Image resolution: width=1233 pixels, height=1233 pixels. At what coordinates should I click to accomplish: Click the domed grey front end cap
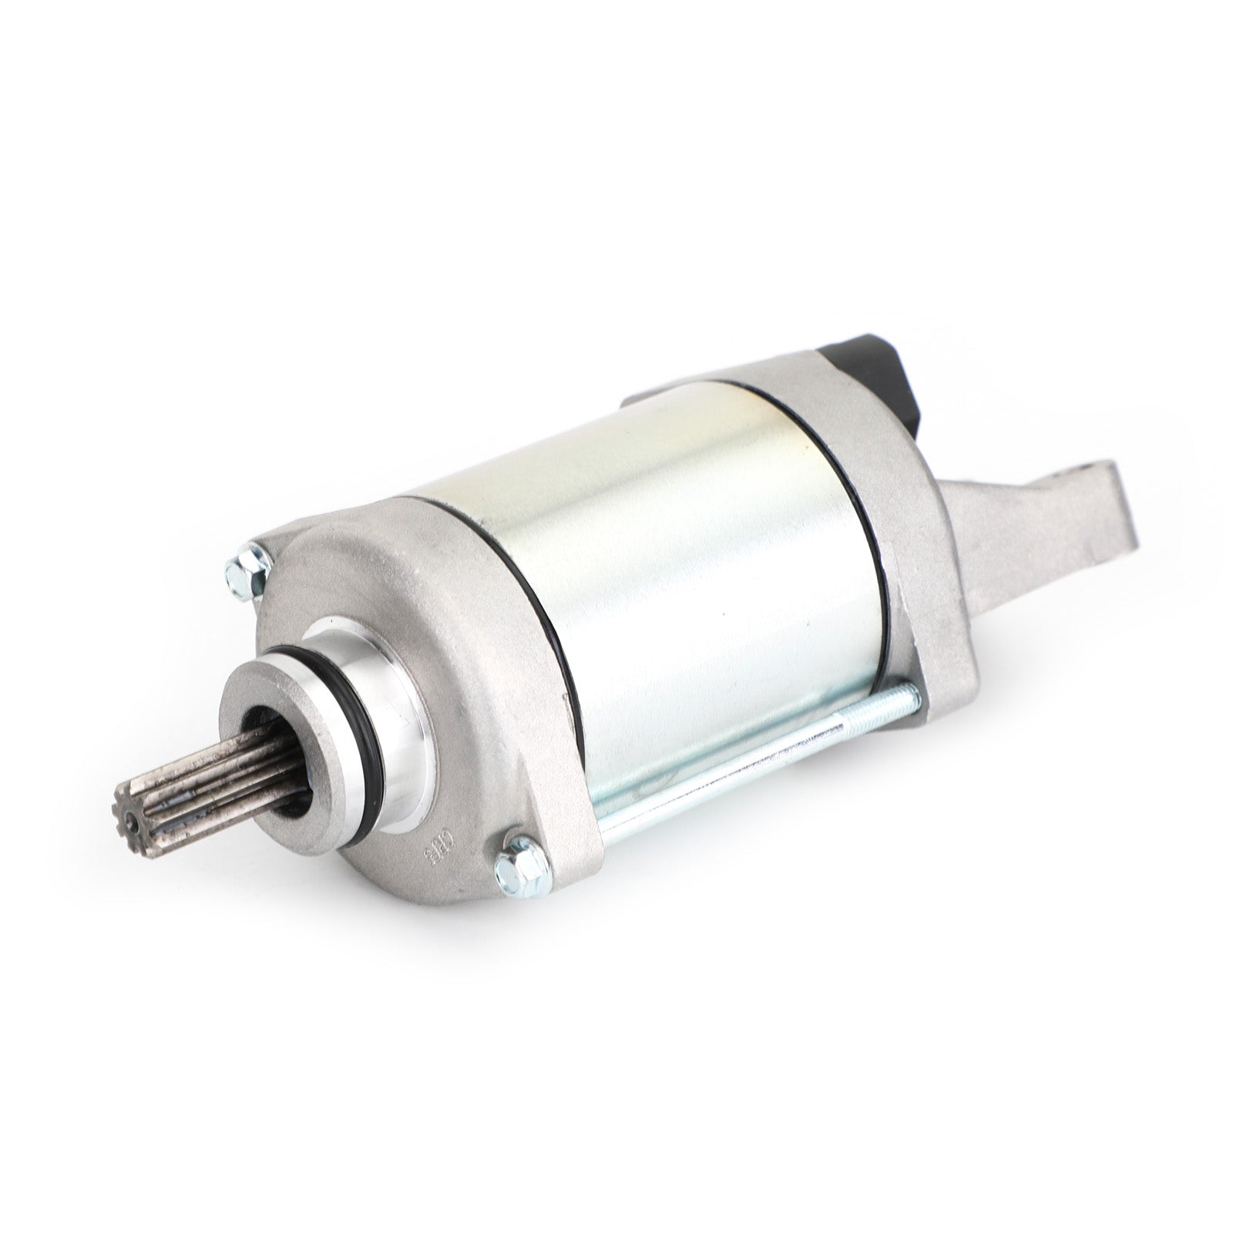click(x=432, y=616)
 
